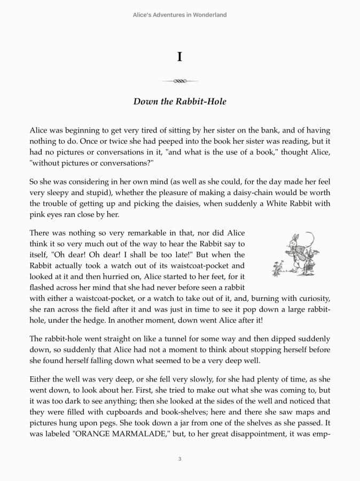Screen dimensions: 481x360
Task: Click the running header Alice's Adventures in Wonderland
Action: click(179, 15)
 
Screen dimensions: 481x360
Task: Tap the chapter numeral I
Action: click(179, 57)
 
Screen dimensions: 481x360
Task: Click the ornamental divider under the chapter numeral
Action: click(179, 81)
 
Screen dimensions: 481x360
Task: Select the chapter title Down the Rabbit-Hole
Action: click(179, 102)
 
